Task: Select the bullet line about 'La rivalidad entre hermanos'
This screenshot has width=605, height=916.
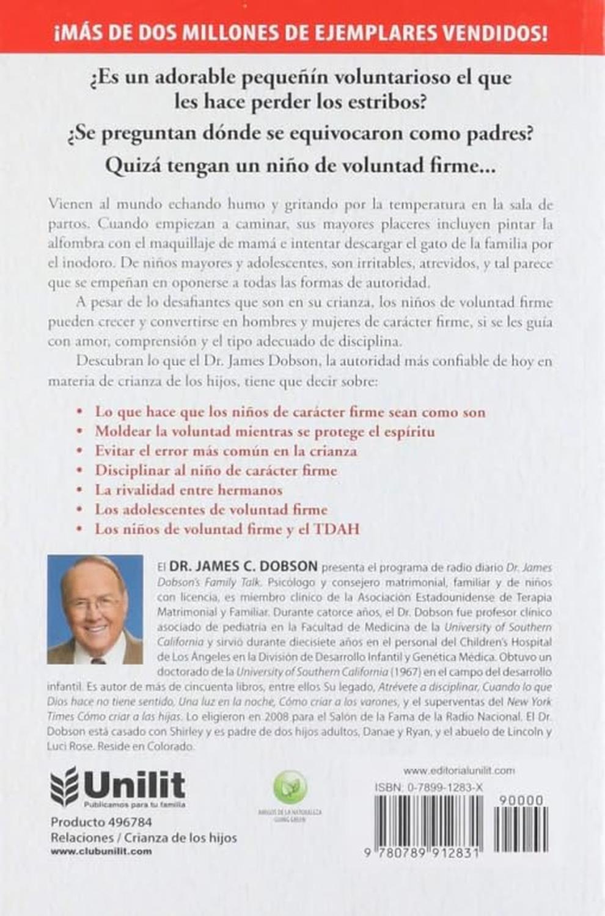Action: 188,490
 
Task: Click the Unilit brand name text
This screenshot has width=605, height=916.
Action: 134,783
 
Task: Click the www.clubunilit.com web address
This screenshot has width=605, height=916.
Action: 101,851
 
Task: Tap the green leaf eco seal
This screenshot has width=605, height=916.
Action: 290,787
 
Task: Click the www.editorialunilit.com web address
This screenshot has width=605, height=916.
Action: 459,771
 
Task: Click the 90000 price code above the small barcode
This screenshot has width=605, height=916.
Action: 521,801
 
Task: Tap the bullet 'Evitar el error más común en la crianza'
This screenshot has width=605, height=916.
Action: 226,451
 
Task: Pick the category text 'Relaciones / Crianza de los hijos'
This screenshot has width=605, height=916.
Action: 144,837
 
